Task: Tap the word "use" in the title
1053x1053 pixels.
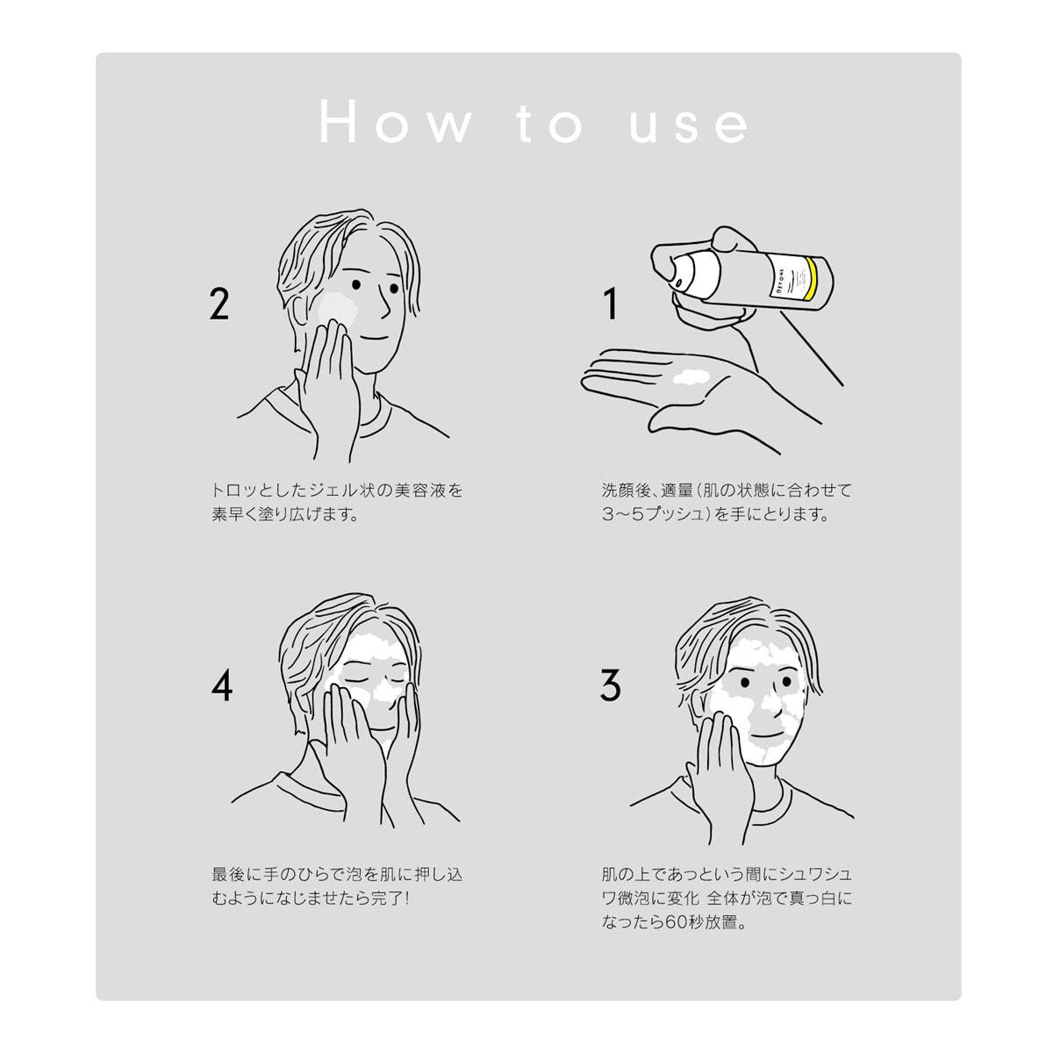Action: click(x=689, y=125)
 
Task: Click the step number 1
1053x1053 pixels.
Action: click(x=611, y=304)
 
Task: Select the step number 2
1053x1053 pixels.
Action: click(x=219, y=304)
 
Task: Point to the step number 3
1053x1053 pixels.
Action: click(x=610, y=686)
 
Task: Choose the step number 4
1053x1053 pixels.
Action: click(x=221, y=686)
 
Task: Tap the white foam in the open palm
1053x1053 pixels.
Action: click(x=691, y=376)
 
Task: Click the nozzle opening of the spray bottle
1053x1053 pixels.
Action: click(x=679, y=283)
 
